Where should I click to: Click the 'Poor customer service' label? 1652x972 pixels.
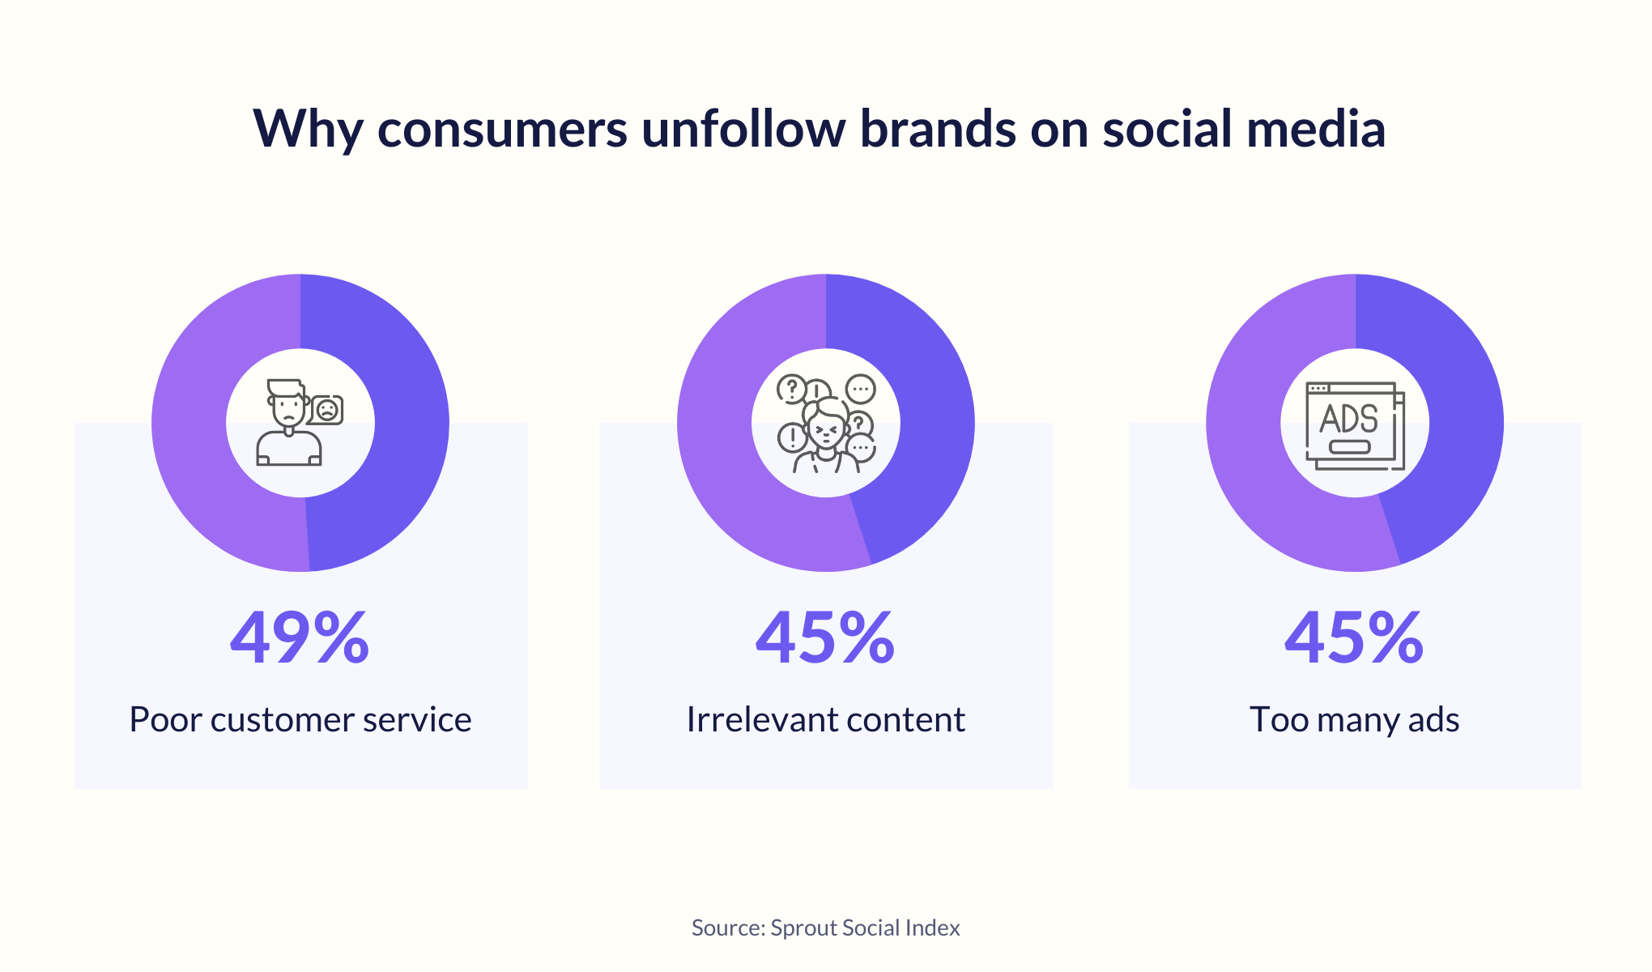(x=300, y=719)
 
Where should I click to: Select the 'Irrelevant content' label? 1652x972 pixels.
(x=825, y=719)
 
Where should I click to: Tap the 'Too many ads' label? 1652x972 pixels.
(x=1354, y=719)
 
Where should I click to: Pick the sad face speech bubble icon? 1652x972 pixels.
(x=326, y=410)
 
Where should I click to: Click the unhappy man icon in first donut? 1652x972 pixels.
(x=288, y=423)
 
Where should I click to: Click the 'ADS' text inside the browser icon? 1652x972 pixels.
(x=1348, y=419)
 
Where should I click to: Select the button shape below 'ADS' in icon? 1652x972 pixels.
(x=1349, y=446)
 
